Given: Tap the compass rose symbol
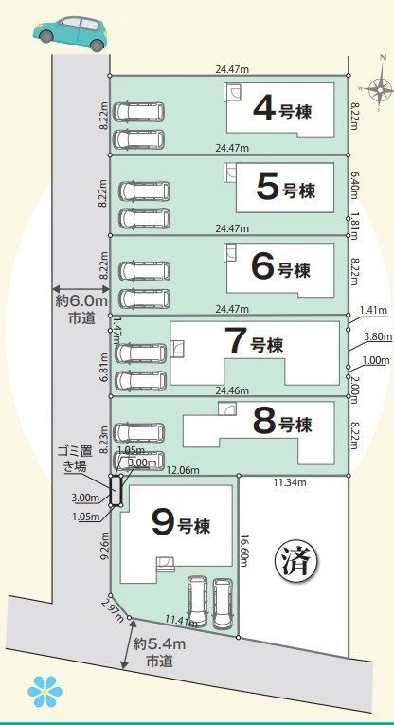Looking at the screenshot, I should (x=380, y=91).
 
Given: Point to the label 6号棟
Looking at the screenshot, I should (x=281, y=268).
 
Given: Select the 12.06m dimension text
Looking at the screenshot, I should (x=183, y=470).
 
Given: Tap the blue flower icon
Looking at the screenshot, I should (x=45, y=693).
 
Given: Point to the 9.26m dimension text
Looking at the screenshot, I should (x=105, y=547).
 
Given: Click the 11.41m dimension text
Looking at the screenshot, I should (x=179, y=620).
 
